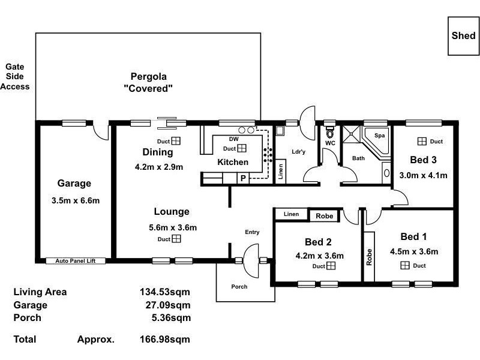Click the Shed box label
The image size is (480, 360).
point(463,35)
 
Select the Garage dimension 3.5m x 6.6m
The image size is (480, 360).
point(74,200)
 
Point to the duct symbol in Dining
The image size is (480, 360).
point(176,141)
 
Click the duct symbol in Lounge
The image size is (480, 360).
point(176,239)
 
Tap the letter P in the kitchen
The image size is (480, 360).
point(243,178)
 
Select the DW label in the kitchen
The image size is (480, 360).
point(234,139)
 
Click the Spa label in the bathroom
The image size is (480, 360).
point(379,136)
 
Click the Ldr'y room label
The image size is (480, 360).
point(298,152)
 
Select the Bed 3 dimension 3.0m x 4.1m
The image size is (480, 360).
point(424,176)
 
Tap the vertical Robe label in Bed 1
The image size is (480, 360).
point(369,257)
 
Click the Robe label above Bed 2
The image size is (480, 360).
point(325,215)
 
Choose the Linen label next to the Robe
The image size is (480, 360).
point(291,214)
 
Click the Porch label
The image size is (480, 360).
point(239,287)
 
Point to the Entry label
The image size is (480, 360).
point(252,232)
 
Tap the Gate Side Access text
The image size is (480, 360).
point(14,77)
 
